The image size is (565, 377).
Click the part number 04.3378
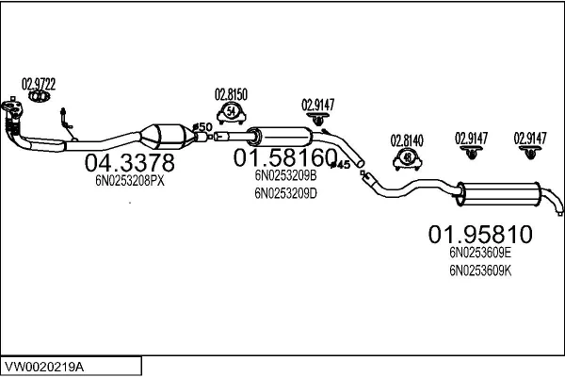[130, 163]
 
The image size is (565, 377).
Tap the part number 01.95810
[480, 233]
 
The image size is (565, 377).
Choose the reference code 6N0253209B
[285, 175]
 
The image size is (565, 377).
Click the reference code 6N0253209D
[285, 194]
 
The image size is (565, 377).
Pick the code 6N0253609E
[480, 253]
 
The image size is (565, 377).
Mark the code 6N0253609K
[480, 270]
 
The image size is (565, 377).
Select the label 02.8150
[231, 93]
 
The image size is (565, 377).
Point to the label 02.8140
[407, 140]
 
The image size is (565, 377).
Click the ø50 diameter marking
[202, 127]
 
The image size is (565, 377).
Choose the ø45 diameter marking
[342, 165]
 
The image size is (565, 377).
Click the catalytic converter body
[170, 134]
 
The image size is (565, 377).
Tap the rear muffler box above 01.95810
[495, 194]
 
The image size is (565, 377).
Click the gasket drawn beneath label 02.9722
[39, 96]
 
